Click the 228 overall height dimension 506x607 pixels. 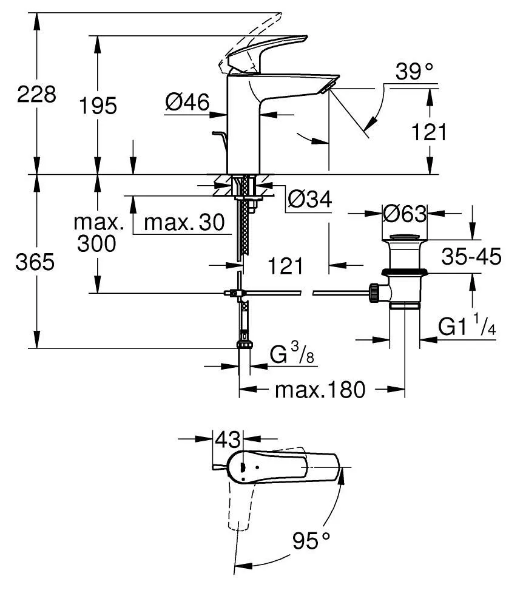click(36, 94)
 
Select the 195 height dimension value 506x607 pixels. click(98, 106)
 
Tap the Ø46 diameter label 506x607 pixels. click(187, 102)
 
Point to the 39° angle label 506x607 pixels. click(415, 72)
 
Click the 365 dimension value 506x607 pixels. click(35, 262)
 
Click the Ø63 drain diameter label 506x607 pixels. click(404, 214)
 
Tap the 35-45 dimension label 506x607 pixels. click(471, 257)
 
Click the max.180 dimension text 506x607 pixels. click(320, 389)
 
